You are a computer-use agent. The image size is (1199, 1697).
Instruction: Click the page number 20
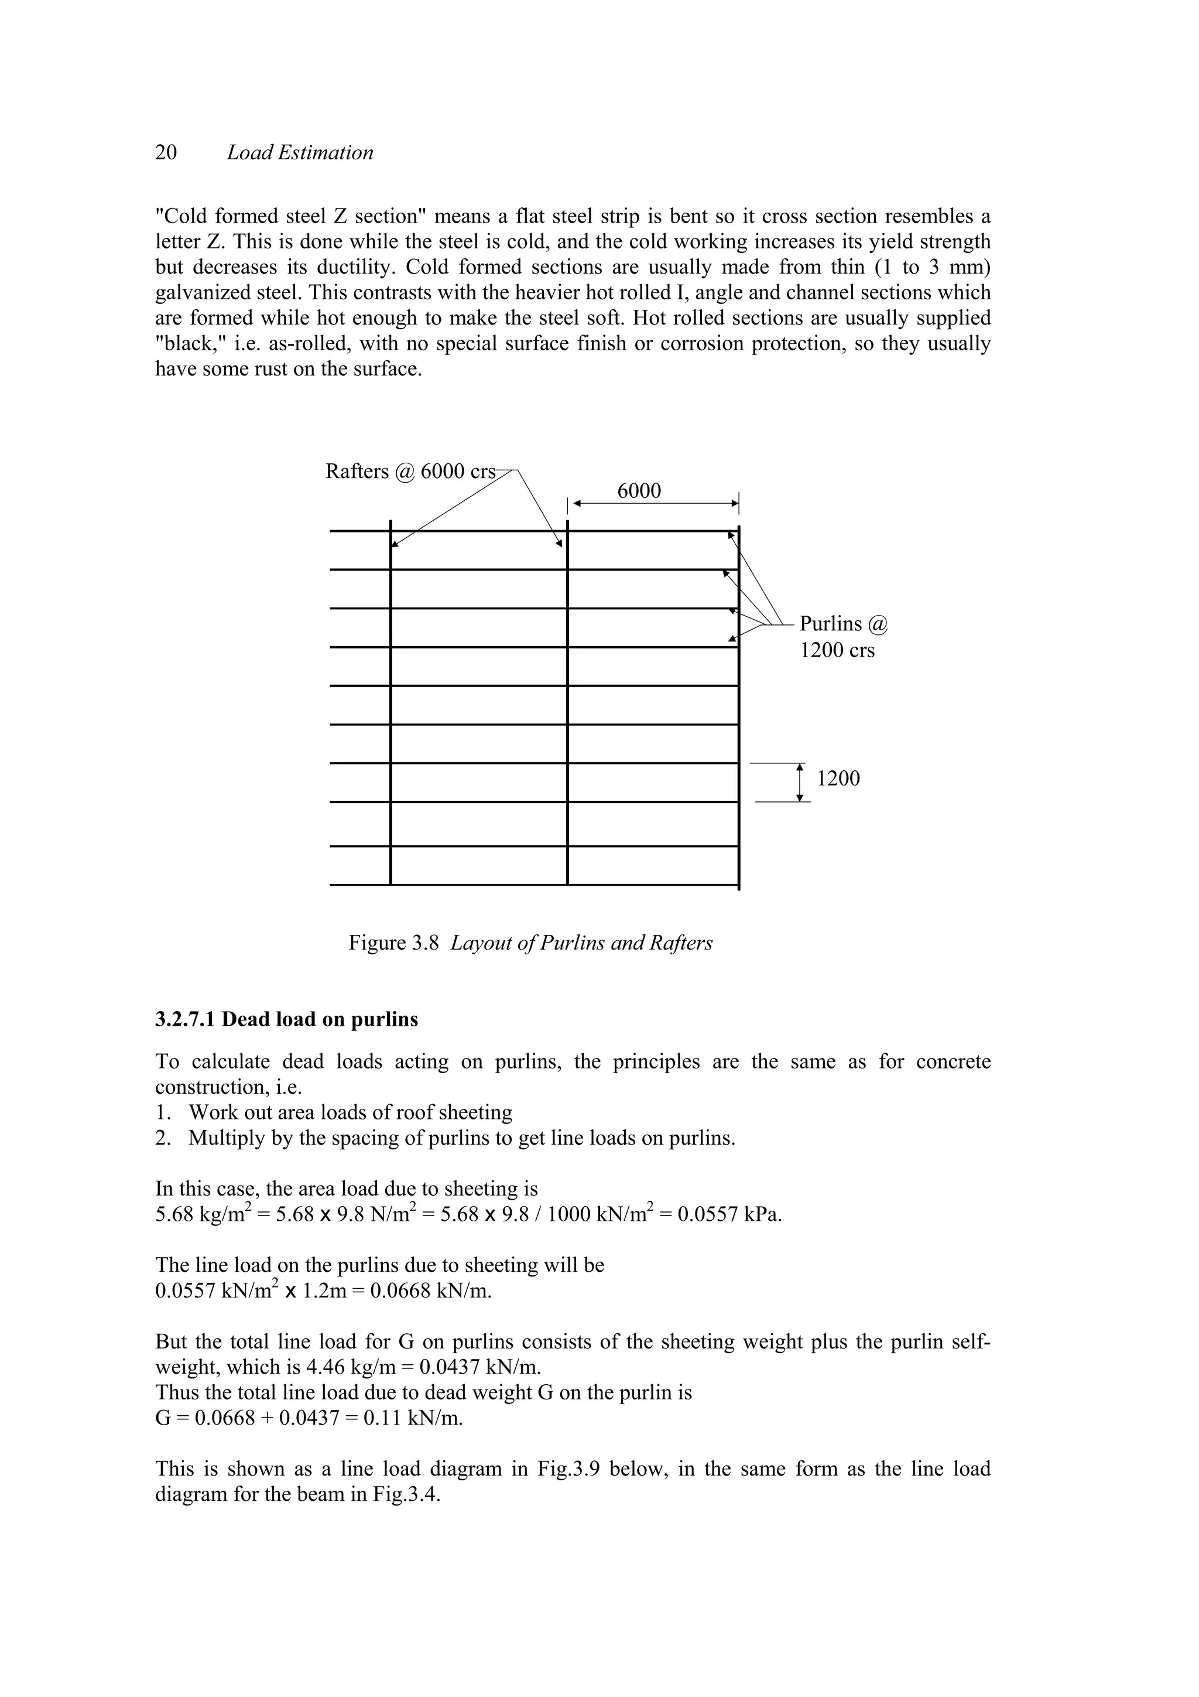(166, 152)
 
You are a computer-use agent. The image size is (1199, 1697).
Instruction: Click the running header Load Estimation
(299, 152)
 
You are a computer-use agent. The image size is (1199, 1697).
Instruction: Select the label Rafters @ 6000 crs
(410, 472)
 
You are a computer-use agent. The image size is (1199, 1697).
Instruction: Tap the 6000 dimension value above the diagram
(639, 491)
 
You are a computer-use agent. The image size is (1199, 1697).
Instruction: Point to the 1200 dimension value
(838, 778)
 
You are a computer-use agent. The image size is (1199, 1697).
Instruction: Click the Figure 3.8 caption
(530, 943)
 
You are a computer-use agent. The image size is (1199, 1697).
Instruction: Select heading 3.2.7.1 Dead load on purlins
(287, 1019)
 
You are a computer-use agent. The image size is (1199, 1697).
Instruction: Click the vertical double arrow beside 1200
(799, 782)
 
